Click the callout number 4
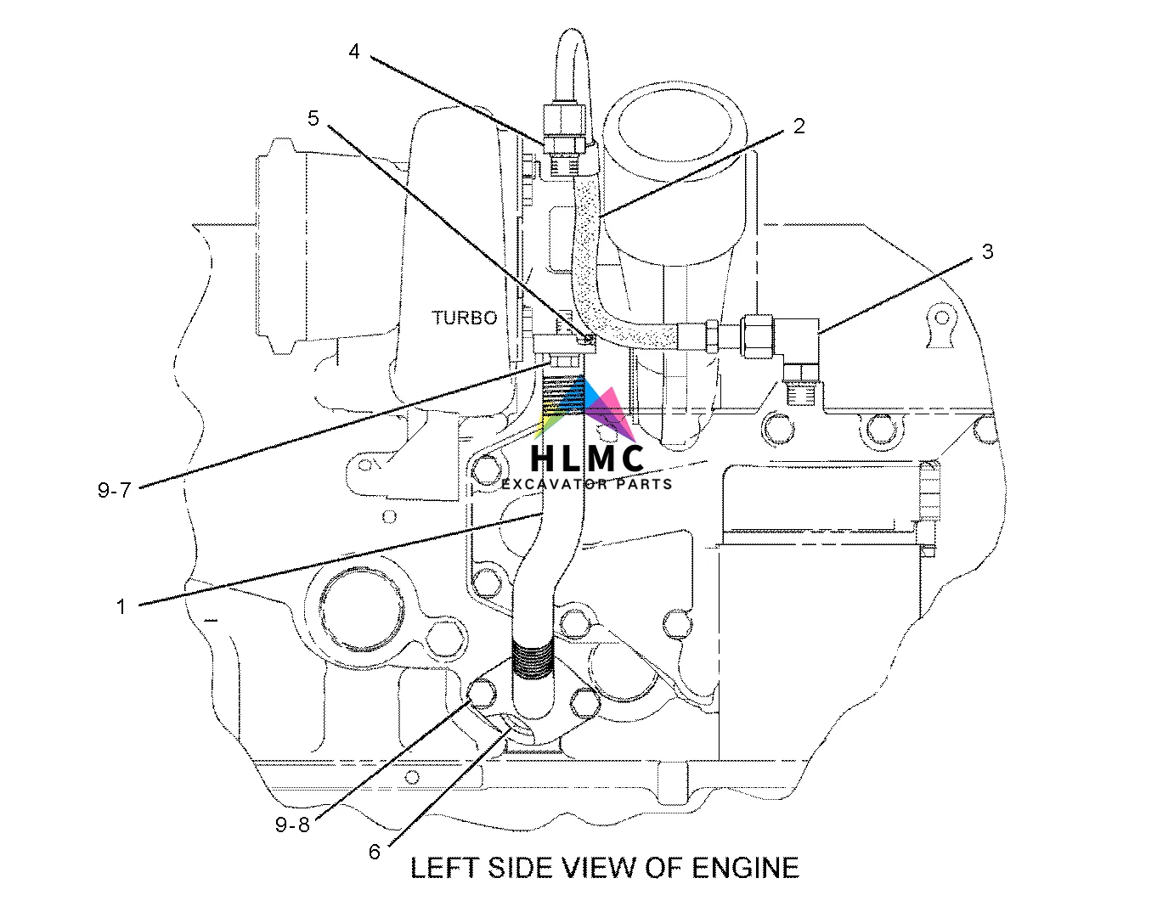354,52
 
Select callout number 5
313,118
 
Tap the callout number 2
799,127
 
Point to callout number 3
987,251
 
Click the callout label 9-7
114,490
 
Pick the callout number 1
121,606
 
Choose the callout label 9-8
292,825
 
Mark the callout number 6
375,852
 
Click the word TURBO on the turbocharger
464,318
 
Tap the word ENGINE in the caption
746,868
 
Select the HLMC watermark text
586,459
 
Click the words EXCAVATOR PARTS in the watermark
586,484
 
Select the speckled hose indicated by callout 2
586,246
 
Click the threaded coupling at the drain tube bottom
533,661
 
